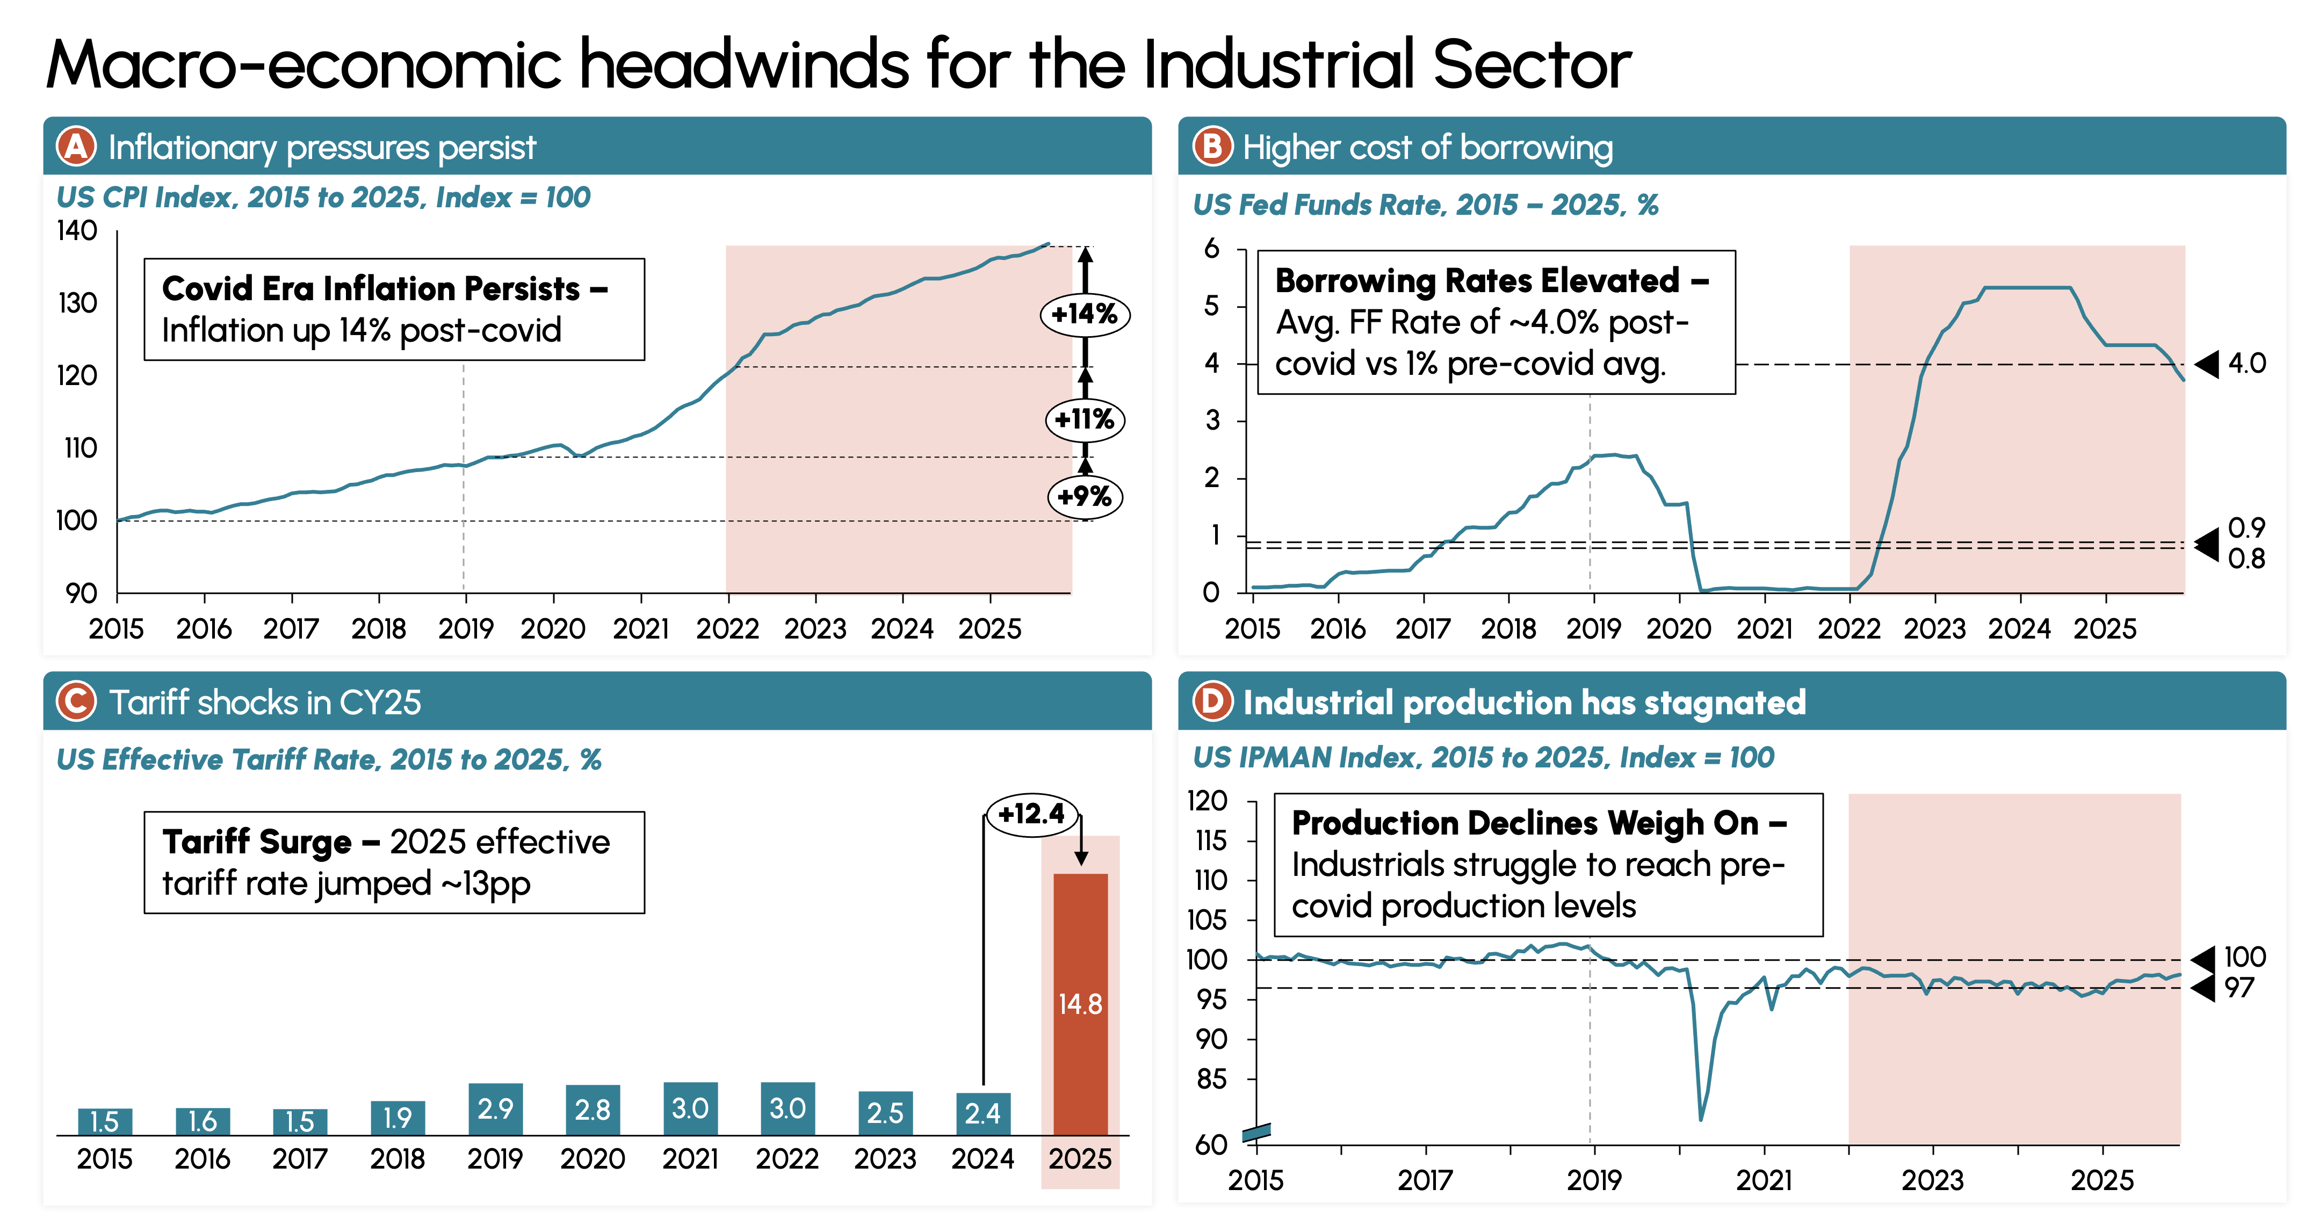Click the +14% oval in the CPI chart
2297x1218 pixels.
pos(1084,314)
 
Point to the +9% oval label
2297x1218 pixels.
pos(1084,496)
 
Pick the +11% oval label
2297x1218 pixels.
pos(1084,419)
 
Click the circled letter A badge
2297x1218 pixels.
pos(76,147)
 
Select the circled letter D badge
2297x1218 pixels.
pos(1212,702)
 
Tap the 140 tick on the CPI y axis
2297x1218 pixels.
pos(77,231)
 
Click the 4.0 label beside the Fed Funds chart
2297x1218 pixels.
pos(2246,364)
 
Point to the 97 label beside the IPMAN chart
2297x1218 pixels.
pos(2239,988)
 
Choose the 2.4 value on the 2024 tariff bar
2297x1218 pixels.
pos(983,1113)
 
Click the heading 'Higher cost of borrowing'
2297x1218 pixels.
pos(1428,148)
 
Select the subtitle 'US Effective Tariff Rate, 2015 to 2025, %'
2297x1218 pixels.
pos(329,760)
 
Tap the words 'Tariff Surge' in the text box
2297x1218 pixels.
pos(257,842)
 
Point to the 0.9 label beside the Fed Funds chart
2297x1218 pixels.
pos(2246,528)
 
